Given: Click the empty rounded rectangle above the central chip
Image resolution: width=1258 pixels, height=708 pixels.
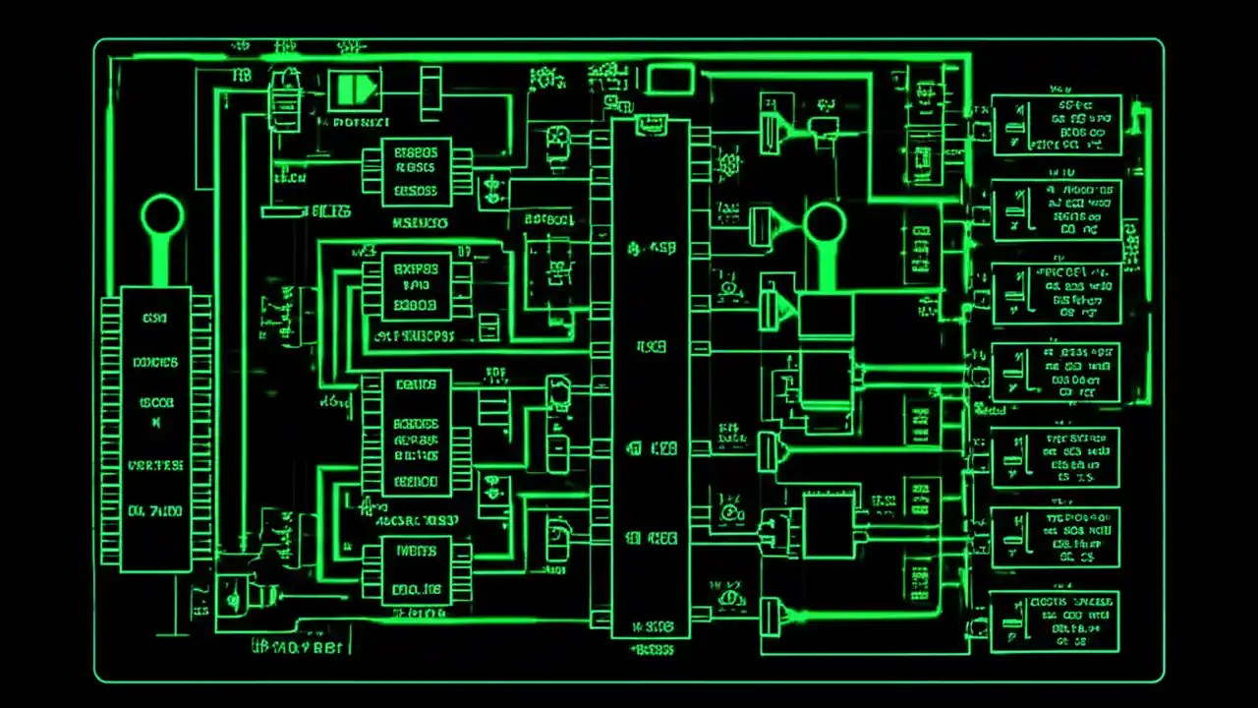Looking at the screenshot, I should (x=670, y=79).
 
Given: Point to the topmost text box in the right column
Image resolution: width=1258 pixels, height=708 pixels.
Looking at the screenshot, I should (x=1057, y=125).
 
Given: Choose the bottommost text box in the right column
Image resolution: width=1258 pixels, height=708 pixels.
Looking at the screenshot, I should (x=1054, y=622).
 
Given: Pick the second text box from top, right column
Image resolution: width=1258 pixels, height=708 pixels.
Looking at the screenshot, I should (x=1057, y=210).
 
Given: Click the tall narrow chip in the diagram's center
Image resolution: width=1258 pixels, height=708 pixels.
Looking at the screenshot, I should (x=651, y=379).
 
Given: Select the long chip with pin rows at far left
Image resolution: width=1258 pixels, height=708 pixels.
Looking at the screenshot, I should (x=155, y=430).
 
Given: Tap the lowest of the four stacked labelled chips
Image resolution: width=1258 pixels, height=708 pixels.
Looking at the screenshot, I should (x=416, y=571).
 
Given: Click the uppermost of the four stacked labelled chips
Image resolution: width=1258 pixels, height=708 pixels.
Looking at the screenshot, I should (x=416, y=172).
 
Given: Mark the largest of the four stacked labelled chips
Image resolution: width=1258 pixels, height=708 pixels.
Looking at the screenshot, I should (x=416, y=434).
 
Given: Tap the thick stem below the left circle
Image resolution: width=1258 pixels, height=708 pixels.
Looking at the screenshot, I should (x=162, y=262).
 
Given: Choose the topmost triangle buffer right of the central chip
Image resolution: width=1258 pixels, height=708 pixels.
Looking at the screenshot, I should (x=772, y=129).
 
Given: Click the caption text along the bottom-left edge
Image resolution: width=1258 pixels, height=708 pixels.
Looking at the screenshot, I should (x=300, y=647).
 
